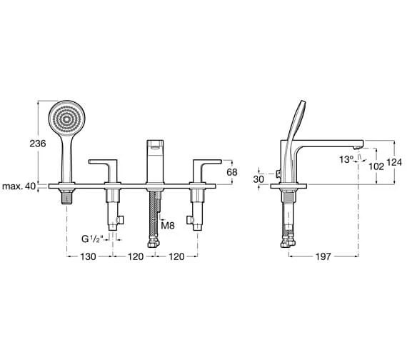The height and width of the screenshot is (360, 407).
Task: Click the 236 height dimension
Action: point(38,144)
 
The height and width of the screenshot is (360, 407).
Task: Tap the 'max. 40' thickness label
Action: point(19,186)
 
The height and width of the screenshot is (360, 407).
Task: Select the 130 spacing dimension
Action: point(89,256)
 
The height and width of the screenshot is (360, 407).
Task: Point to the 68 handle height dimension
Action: point(232,172)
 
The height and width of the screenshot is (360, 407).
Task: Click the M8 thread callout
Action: point(168,226)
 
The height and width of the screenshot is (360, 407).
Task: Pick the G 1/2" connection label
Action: point(92,239)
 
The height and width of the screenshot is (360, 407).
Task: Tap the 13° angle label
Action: point(346,159)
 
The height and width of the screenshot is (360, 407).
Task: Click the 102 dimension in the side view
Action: point(376,166)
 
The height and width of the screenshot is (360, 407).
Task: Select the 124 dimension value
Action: point(394,162)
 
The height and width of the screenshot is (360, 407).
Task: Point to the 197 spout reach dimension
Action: point(323,256)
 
